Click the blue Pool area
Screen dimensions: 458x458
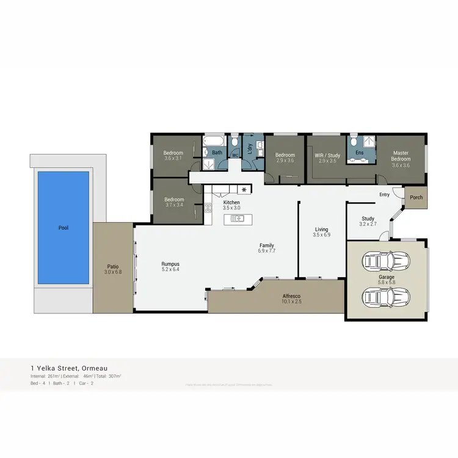64,227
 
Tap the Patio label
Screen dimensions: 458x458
113,266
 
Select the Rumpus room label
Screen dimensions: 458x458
170,264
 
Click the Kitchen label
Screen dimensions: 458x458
231,202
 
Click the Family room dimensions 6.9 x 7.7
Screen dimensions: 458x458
267,250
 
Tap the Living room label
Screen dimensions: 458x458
321,229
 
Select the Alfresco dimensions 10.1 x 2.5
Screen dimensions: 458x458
292,301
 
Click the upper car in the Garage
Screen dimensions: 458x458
386,261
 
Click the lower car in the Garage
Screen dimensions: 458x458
386,297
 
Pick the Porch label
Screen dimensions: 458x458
416,197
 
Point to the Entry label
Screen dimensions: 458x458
384,195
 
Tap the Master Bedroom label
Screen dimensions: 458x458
401,156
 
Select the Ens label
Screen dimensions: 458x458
360,152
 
